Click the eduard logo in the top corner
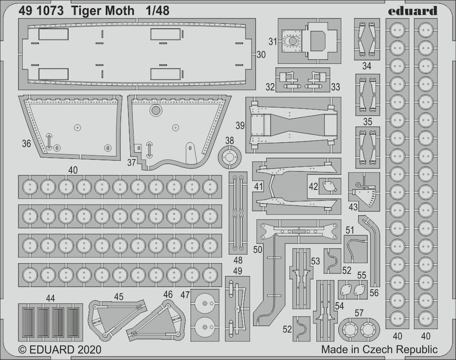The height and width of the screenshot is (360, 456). tap(412, 11)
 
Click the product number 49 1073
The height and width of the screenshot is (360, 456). tap(41, 11)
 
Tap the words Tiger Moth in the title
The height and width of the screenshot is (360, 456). tap(103, 11)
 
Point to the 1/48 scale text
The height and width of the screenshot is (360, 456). tap(157, 11)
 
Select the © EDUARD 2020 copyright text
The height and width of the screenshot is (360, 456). tap(60, 350)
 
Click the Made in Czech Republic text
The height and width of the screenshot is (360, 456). tap(379, 349)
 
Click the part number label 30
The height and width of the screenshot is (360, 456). tap(261, 54)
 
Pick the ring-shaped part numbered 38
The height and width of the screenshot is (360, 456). tap(230, 157)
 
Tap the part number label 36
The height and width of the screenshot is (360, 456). tap(26, 143)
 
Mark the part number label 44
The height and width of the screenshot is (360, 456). tap(50, 298)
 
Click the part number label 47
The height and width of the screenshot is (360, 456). tap(185, 295)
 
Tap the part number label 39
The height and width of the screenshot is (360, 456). tap(240, 125)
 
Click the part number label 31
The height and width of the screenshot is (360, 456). tap(273, 42)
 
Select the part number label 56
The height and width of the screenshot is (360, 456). tap(374, 292)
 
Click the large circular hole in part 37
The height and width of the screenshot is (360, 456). tap(155, 110)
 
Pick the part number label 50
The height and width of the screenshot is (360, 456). tap(258, 250)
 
